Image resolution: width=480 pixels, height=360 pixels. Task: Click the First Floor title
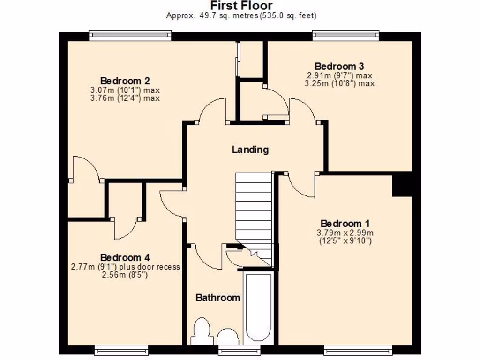point(241,6)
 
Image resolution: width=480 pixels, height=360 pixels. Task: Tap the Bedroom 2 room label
point(125,80)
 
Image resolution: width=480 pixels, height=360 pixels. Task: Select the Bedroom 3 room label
point(339,66)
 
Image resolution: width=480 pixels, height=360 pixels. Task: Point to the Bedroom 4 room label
point(125,257)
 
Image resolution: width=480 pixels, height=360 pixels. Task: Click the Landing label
point(250,150)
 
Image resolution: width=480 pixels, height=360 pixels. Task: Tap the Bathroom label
point(217,297)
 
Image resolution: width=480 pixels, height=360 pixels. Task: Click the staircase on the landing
point(254,211)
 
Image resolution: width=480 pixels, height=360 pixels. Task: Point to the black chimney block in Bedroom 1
point(402,184)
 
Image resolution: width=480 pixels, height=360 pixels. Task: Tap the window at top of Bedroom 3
point(346,34)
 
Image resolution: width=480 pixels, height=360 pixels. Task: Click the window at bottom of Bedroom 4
point(121,349)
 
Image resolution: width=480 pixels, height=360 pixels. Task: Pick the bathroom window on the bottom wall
point(232,349)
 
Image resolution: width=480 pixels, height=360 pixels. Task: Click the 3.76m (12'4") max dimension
point(125,98)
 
